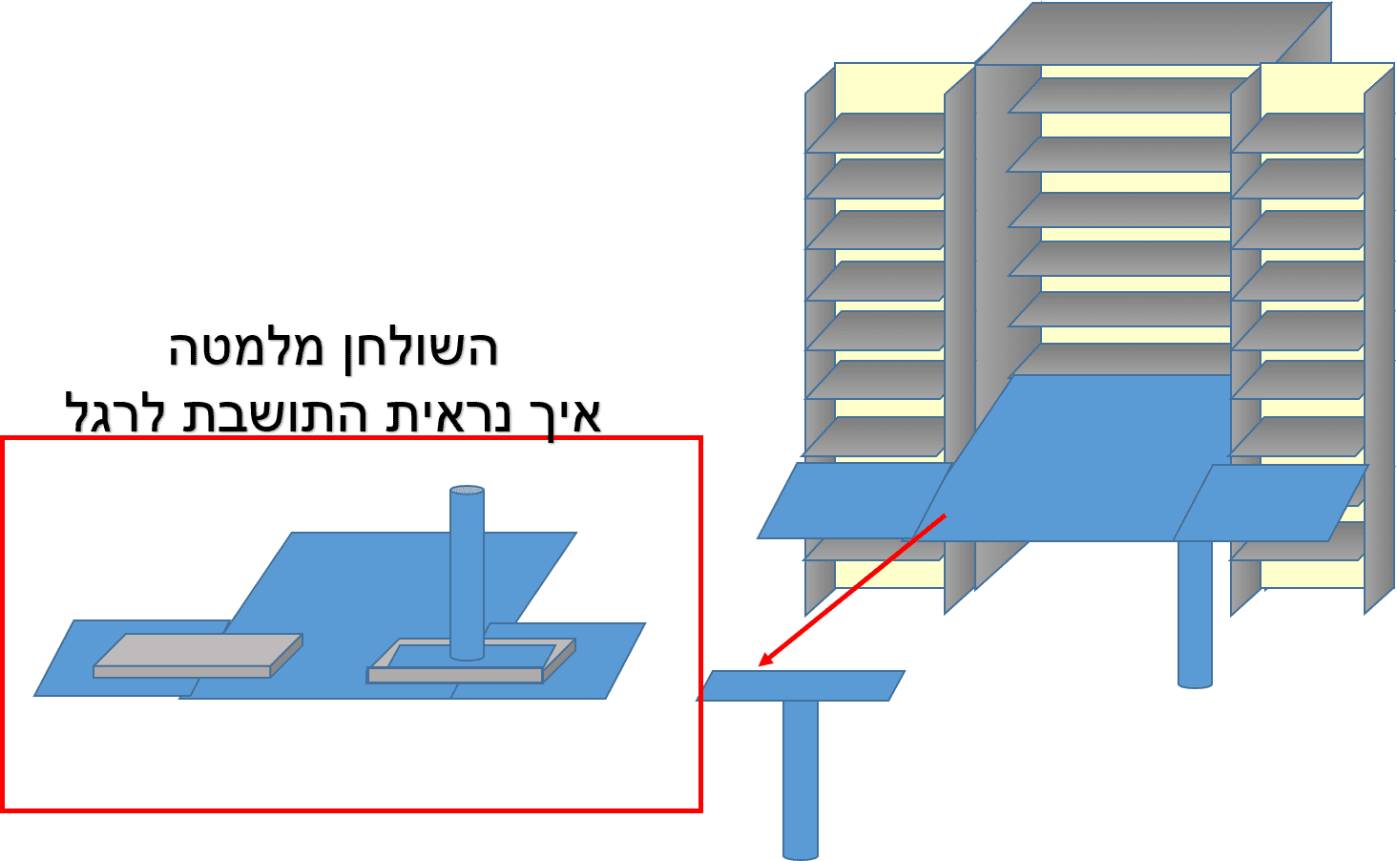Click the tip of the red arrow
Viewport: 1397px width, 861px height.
[x=761, y=665]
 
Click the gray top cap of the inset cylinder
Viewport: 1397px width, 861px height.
[x=467, y=491]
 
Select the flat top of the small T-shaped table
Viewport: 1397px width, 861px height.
[x=802, y=685]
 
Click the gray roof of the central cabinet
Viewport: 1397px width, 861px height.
[x=1145, y=33]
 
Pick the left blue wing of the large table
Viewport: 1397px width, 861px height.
[x=849, y=501]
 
